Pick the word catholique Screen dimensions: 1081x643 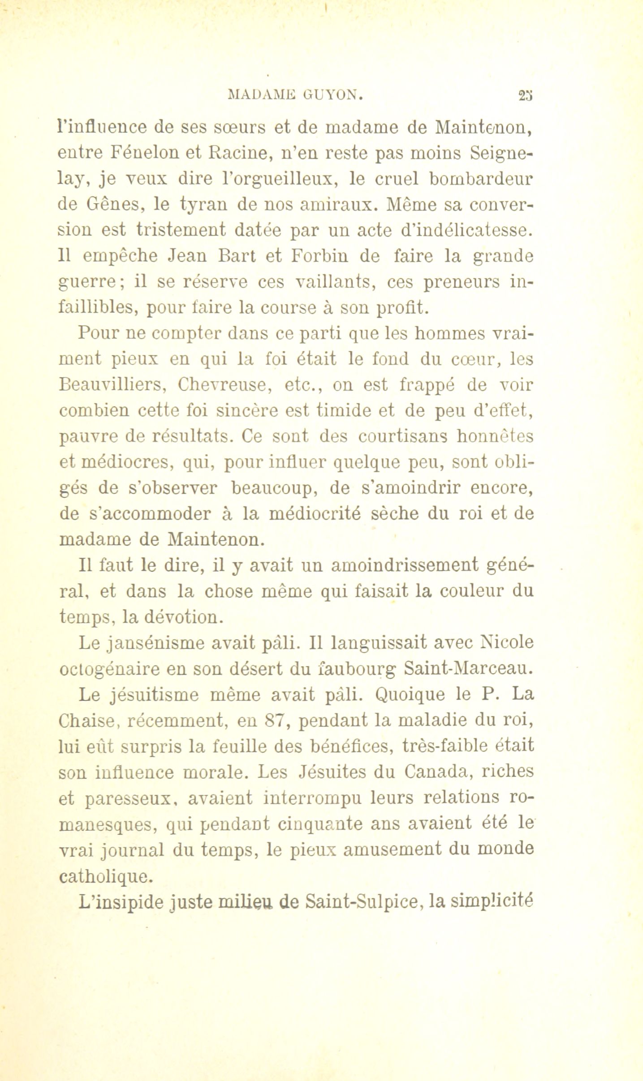(106, 875)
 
